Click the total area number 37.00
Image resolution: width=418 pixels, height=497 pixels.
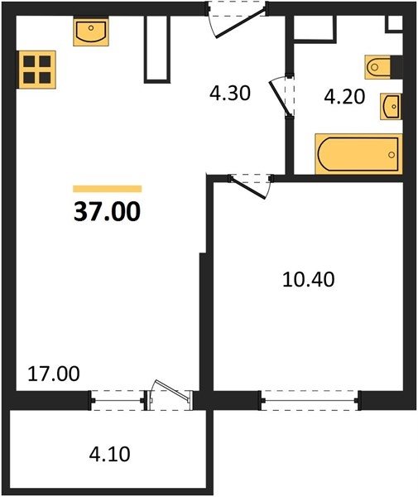(107, 211)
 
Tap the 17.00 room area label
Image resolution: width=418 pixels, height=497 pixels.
(54, 374)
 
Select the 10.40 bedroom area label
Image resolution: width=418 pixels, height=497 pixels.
(308, 280)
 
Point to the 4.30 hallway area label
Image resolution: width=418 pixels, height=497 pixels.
(230, 94)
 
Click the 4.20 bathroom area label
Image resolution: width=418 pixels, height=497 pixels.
(344, 97)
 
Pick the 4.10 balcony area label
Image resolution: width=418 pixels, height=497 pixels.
(109, 454)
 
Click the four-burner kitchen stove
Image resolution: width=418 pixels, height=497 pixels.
(37, 70)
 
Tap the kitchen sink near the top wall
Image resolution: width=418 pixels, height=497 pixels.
(91, 31)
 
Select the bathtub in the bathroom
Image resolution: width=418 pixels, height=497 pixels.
(358, 154)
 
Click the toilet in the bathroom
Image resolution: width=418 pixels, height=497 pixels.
(377, 67)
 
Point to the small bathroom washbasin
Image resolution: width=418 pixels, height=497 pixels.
(391, 106)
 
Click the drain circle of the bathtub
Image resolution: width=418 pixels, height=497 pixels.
(392, 155)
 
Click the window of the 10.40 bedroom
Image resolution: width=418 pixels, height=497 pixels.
(310, 400)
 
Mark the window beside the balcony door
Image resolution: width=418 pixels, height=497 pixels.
(118, 400)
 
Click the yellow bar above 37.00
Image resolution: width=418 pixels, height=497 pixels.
(108, 189)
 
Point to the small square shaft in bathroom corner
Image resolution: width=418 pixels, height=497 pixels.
(394, 23)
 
